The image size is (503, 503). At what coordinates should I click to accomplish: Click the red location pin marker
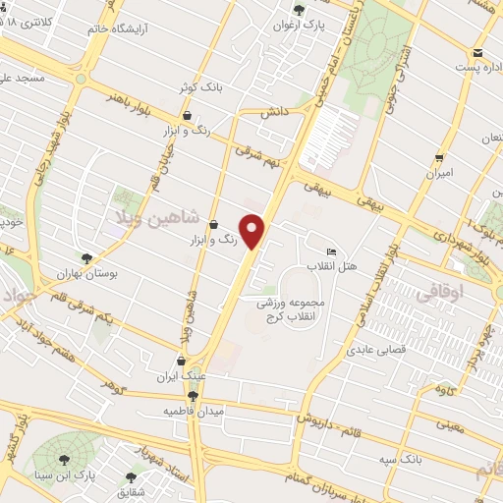[x=253, y=231]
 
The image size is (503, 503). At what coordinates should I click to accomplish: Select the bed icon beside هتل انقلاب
[x=332, y=251]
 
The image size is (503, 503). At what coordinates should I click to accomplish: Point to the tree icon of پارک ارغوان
[x=299, y=10]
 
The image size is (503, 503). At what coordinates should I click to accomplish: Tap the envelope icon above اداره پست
[x=477, y=52]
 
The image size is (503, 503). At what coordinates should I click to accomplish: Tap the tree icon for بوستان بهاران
[x=86, y=259]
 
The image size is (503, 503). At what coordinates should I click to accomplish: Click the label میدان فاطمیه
[x=193, y=410]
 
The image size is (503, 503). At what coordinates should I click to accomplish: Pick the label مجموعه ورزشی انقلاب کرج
[x=297, y=310]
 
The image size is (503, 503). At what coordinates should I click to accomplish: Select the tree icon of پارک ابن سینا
[x=66, y=458]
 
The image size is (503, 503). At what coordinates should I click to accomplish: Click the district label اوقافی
[x=436, y=291]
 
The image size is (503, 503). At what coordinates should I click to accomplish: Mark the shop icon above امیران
[x=439, y=156]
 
